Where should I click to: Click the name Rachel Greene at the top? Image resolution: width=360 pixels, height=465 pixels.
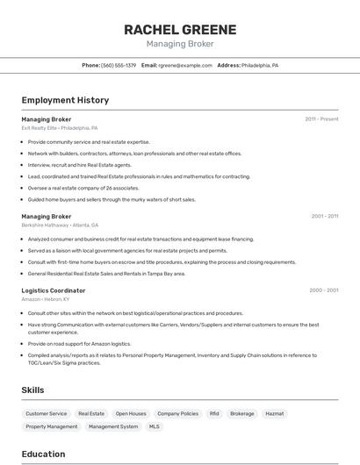coord(179,29)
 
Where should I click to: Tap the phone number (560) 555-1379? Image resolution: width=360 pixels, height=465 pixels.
coord(119,66)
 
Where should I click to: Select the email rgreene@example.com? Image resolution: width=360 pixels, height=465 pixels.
coord(184,66)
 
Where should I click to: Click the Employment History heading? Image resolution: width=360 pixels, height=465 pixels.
coord(65,100)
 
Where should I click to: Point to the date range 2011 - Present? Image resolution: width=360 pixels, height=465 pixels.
coord(321,119)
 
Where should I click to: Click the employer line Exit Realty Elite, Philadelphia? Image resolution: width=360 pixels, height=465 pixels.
coord(60,128)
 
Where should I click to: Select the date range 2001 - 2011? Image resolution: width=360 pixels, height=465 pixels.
coord(324,216)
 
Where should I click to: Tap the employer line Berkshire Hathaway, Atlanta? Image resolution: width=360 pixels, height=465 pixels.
coord(60,225)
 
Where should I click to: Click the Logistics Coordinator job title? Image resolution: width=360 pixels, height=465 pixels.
coord(54,290)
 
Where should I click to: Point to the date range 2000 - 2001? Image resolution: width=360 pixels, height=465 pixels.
coord(324,290)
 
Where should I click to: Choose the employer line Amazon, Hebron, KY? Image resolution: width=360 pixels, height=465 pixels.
coord(47,299)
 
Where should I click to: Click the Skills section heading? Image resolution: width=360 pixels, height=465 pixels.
coord(33,390)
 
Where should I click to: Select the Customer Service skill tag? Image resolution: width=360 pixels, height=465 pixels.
coord(46,413)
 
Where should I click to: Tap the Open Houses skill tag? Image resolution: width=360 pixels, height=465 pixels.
coord(131,413)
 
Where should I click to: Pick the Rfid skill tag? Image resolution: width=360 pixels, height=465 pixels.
coord(214,413)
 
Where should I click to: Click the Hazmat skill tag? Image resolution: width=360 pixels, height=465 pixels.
coord(275,413)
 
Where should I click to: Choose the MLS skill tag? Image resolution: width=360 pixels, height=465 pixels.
coord(155,426)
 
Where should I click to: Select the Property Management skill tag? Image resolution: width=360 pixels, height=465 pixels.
coord(51,426)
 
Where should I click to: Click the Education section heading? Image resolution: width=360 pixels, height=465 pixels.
coord(43,454)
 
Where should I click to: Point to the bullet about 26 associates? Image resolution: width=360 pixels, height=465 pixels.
coord(83,188)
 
